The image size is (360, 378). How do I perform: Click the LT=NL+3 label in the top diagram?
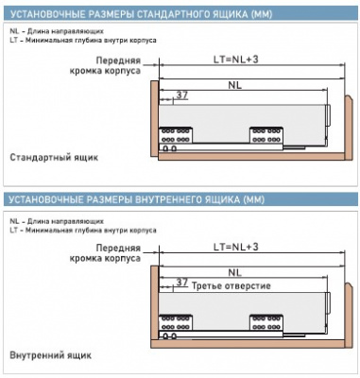[x=236, y=60]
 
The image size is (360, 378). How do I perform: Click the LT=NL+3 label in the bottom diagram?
[x=236, y=247]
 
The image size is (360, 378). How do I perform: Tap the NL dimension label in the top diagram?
[x=235, y=85]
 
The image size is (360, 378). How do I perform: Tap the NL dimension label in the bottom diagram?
[x=235, y=273]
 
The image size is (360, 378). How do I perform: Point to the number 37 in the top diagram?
[x=181, y=94]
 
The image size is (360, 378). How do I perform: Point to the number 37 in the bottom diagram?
[x=181, y=283]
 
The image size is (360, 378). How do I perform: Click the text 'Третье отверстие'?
[x=231, y=286]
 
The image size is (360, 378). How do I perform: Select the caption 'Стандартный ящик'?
[x=54, y=158]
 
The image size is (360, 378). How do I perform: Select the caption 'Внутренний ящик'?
[x=51, y=355]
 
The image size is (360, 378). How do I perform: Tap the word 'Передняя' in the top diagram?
[x=118, y=60]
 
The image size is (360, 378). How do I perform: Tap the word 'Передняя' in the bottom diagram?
[x=118, y=248]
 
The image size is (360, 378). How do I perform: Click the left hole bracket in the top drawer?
[x=176, y=135]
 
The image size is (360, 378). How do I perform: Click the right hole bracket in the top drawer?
[x=266, y=135]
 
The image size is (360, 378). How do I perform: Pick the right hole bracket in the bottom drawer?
[x=266, y=322]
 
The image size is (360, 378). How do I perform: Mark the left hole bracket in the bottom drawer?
[x=176, y=322]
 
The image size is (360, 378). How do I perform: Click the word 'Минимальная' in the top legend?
[x=45, y=41]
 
